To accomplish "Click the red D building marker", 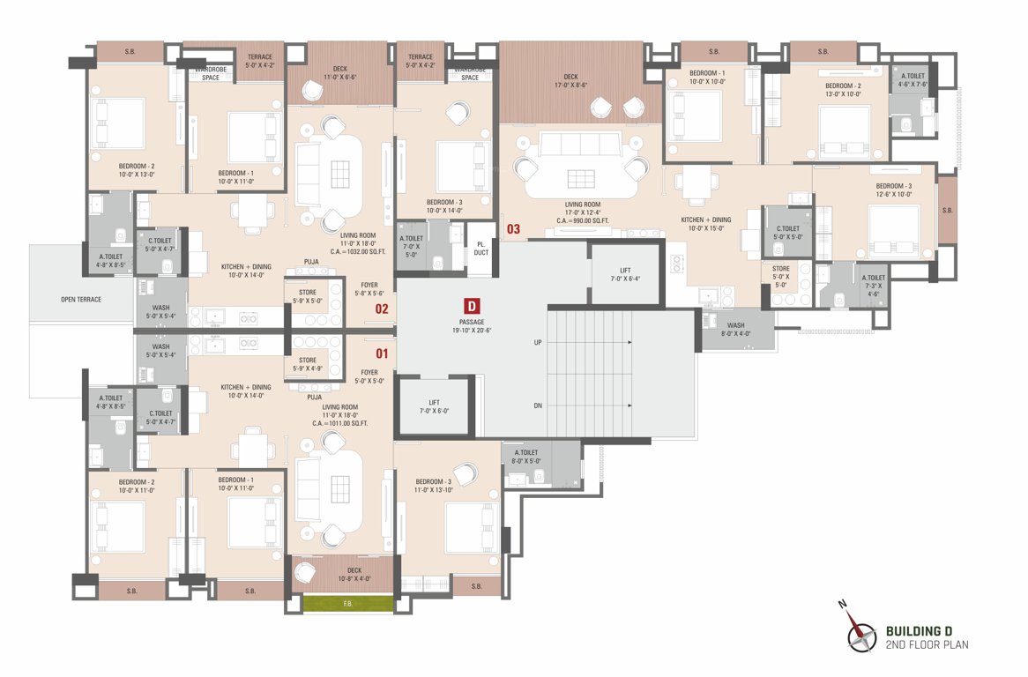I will click(x=472, y=307).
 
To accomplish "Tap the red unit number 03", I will click(x=513, y=229).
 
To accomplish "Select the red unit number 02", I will click(x=382, y=309).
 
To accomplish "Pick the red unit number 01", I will click(x=382, y=353).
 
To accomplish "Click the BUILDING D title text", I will click(x=919, y=631).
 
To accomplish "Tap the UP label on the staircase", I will click(x=537, y=342).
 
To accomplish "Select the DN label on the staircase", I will click(x=537, y=406).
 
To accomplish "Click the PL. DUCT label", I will click(x=481, y=248).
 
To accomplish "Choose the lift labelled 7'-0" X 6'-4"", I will click(x=624, y=274).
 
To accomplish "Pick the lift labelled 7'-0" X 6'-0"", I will click(x=434, y=406).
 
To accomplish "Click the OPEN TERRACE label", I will click(x=81, y=300).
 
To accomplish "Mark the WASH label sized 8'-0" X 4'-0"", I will click(x=735, y=329).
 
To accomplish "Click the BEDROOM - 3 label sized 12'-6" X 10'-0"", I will click(x=893, y=190).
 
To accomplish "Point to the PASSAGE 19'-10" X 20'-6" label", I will click(x=472, y=327).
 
